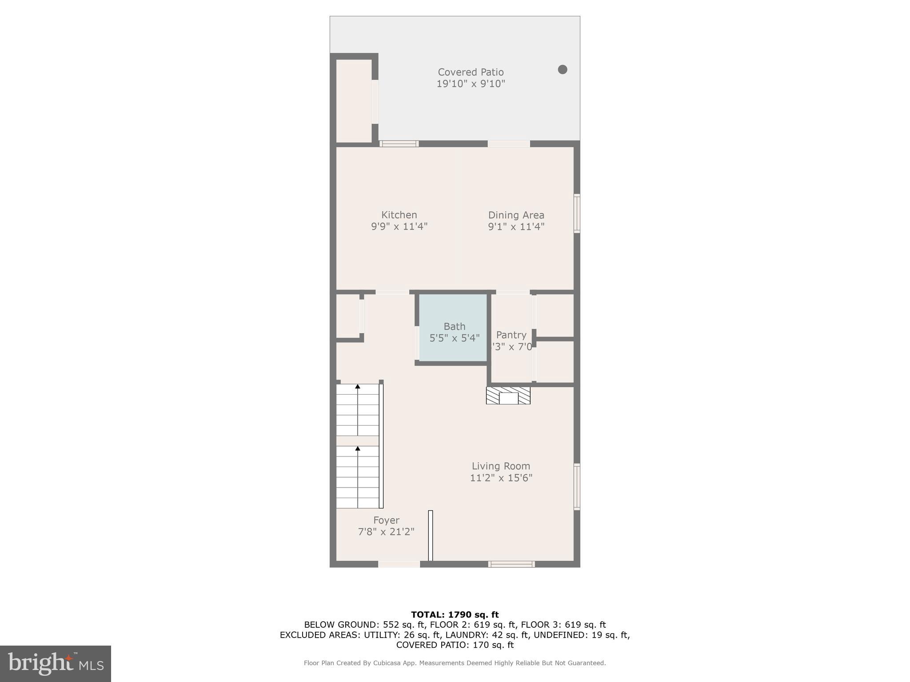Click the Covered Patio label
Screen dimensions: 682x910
(x=471, y=72)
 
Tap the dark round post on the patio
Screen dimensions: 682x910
(x=563, y=69)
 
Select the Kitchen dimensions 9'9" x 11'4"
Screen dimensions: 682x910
(x=399, y=226)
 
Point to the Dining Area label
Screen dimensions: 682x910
(x=516, y=215)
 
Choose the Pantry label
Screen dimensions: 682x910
(x=511, y=335)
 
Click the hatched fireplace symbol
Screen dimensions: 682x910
(x=508, y=396)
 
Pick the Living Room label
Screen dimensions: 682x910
(x=501, y=466)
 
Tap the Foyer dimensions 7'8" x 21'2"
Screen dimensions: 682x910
(x=386, y=531)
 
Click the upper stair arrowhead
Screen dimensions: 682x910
(x=358, y=387)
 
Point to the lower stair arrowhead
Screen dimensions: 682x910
(x=358, y=448)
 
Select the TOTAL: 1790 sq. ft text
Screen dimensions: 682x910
(x=455, y=615)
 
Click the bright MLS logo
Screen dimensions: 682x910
(x=56, y=663)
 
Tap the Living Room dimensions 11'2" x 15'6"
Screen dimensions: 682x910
(x=501, y=478)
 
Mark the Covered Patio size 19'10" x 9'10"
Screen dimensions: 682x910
(x=471, y=83)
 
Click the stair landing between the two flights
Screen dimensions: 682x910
(x=357, y=440)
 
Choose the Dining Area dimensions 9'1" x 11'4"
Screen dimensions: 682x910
(x=516, y=226)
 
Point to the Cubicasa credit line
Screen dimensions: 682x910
(x=455, y=663)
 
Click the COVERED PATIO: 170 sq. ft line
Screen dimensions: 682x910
(x=455, y=645)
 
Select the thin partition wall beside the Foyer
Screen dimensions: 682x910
(x=430, y=535)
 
